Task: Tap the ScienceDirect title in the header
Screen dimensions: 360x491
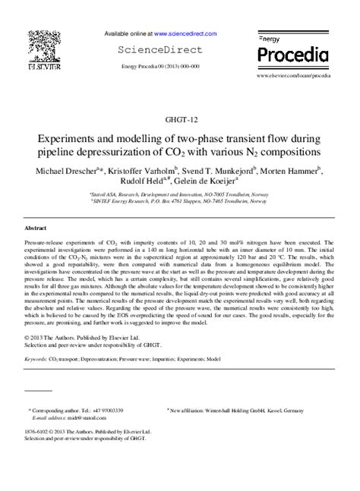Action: [x=159, y=50]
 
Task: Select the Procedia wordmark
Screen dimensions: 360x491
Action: [x=292, y=55]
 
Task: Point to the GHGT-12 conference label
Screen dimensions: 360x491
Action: [x=179, y=119]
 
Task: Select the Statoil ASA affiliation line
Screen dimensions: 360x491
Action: [x=179, y=194]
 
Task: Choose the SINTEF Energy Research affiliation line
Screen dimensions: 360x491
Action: [x=179, y=202]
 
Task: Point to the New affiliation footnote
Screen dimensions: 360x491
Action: [x=235, y=409]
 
